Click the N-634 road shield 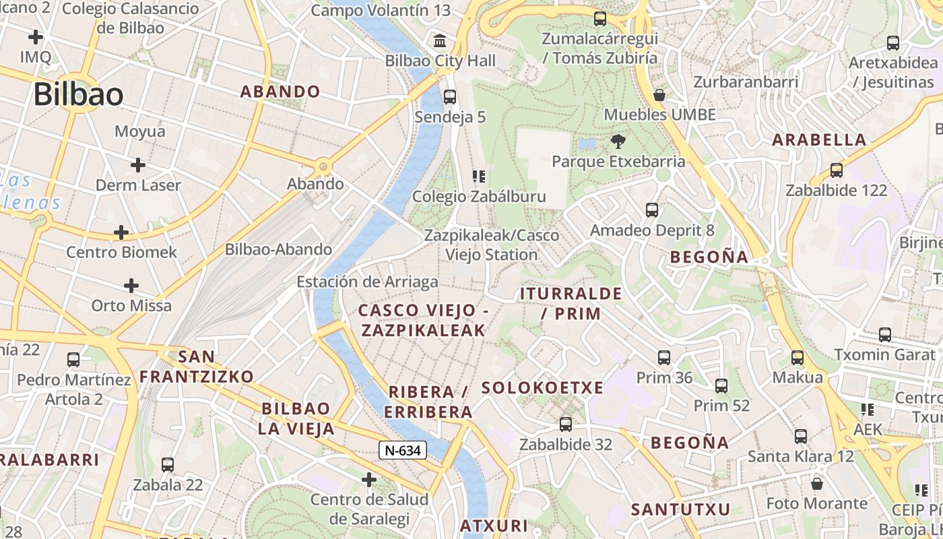pyautogui.click(x=403, y=450)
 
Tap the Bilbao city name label pyautogui.click(x=78, y=94)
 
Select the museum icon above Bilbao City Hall pyautogui.click(x=441, y=41)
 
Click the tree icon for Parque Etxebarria pyautogui.click(x=618, y=141)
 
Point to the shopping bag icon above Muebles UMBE pyautogui.click(x=659, y=95)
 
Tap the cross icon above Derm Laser pyautogui.click(x=138, y=165)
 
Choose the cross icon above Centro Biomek pyautogui.click(x=121, y=233)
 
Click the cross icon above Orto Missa pyautogui.click(x=131, y=286)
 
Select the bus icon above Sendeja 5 pyautogui.click(x=450, y=97)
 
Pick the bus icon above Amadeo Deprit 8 pyautogui.click(x=652, y=210)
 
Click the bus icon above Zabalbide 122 pyautogui.click(x=837, y=170)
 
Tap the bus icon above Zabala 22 pyautogui.click(x=168, y=465)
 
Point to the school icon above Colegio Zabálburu pyautogui.click(x=479, y=177)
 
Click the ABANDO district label pyautogui.click(x=280, y=92)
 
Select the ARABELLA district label pyautogui.click(x=819, y=140)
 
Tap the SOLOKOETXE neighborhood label pyautogui.click(x=542, y=388)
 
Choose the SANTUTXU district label pyautogui.click(x=680, y=510)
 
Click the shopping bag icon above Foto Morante pyautogui.click(x=817, y=484)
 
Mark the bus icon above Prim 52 pyautogui.click(x=721, y=386)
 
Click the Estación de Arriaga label pyautogui.click(x=367, y=282)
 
